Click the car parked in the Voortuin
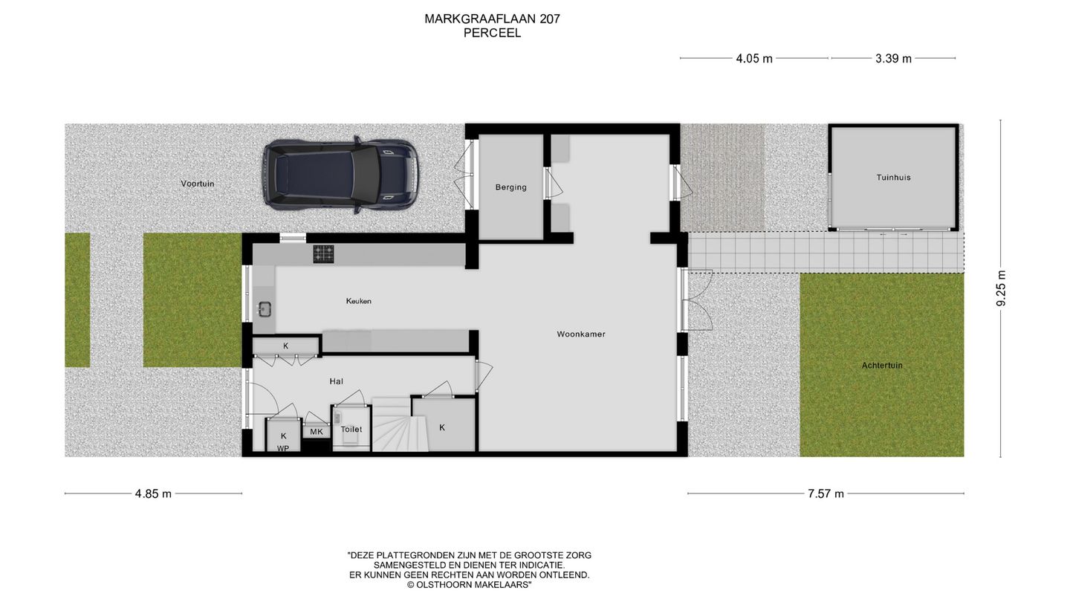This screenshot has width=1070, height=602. tap(340, 175)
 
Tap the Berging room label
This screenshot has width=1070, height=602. tap(511, 187)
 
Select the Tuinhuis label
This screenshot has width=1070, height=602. tap(893, 178)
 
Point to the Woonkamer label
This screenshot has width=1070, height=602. tap(581, 334)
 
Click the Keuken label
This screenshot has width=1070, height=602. tap(358, 301)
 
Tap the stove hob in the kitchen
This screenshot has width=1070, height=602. tap(323, 254)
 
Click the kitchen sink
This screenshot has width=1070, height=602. tap(265, 308)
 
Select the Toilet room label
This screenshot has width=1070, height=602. tap(351, 430)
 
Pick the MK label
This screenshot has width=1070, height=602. tap(317, 432)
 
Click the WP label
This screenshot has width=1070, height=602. tap(283, 449)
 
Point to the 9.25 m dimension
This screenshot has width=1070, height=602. tap(1001, 288)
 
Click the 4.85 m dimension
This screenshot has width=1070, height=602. tap(153, 493)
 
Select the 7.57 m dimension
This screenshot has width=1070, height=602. tap(826, 493)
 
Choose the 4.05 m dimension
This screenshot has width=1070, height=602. tap(754, 59)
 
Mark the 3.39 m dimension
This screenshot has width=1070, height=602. tap(893, 59)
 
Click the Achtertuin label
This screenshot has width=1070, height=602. tap(882, 366)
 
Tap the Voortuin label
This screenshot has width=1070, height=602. tap(198, 184)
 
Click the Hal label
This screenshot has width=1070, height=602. tap(337, 381)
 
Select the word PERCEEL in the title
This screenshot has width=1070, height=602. tap(492, 33)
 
